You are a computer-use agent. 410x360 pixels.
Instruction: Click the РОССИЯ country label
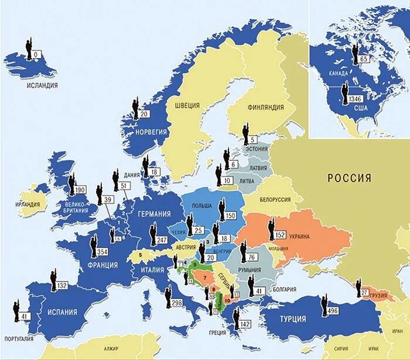pyautogui.click(x=349, y=178)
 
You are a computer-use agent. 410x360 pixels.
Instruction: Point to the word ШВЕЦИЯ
pyautogui.click(x=187, y=105)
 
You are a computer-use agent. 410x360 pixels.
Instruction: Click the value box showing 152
pyautogui.click(x=280, y=235)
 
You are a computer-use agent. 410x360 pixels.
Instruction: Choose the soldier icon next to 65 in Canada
pyautogui.click(x=354, y=53)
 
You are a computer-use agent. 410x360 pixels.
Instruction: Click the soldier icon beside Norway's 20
pyautogui.click(x=135, y=109)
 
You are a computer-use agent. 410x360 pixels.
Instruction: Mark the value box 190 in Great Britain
pyautogui.click(x=81, y=190)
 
